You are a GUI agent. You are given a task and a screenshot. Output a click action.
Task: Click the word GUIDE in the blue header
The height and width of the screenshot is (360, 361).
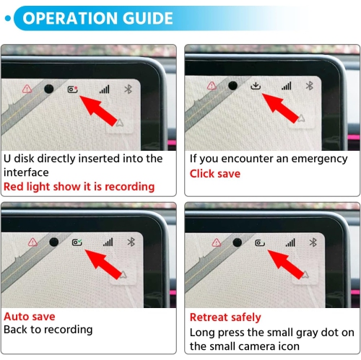pyautogui.click(x=147, y=18)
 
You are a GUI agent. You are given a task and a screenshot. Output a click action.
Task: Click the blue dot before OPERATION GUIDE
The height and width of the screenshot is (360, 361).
pyautogui.click(x=8, y=18)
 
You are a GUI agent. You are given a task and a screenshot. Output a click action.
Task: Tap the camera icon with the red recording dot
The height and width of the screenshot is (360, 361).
pyautogui.click(x=72, y=89)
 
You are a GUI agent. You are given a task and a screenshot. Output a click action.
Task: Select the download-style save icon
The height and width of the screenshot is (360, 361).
pyautogui.click(x=256, y=86)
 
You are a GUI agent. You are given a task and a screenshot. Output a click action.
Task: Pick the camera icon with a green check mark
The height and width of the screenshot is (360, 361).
pyautogui.click(x=77, y=242)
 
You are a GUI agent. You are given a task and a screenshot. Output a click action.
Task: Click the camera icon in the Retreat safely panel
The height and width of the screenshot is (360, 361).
pyautogui.click(x=260, y=243)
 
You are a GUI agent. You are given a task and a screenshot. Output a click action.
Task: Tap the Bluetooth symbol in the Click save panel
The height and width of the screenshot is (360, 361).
pyautogui.click(x=310, y=86)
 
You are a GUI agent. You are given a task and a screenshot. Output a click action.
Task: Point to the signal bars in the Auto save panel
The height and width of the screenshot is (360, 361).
pyautogui.click(x=108, y=242)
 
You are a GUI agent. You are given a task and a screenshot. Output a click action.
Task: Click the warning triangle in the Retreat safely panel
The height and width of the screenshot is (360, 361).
pyautogui.click(x=217, y=242)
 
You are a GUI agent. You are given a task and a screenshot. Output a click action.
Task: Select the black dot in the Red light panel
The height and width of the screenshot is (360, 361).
pyautogui.click(x=49, y=89)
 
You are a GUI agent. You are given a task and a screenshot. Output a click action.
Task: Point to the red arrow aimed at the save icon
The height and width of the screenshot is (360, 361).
pyautogui.click(x=281, y=108)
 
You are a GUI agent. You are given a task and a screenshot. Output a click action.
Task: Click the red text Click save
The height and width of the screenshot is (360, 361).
pyautogui.click(x=215, y=174)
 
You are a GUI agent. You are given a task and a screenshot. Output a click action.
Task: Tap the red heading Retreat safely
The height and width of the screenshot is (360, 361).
pyautogui.click(x=225, y=317)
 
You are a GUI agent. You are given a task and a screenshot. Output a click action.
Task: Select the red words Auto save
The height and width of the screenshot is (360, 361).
pyautogui.click(x=30, y=317)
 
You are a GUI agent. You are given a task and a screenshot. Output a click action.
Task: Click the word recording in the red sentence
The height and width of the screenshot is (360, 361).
pyautogui.click(x=130, y=187)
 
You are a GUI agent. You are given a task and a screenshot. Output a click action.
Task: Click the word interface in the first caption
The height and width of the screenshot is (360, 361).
pyautogui.click(x=26, y=172)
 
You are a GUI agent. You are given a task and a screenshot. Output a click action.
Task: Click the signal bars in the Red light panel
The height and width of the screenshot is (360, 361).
pyautogui.click(x=105, y=89)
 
